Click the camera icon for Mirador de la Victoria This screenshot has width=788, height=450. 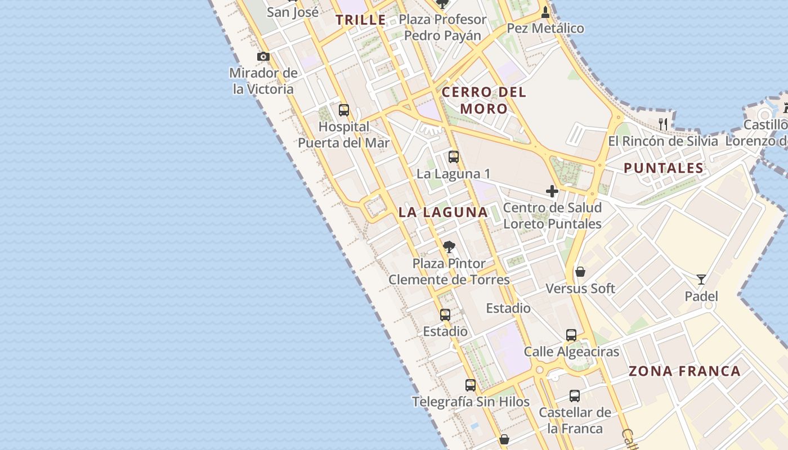pyautogui.click(x=263, y=57)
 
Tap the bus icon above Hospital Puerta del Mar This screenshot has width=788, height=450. pyautogui.click(x=343, y=110)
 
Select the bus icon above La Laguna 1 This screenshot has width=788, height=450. pyautogui.click(x=454, y=157)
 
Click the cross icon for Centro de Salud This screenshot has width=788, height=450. pyautogui.click(x=552, y=192)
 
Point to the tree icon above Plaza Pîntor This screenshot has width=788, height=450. pyautogui.click(x=449, y=247)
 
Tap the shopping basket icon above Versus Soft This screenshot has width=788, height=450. pyautogui.click(x=580, y=272)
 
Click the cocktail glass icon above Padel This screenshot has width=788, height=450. pyautogui.click(x=701, y=280)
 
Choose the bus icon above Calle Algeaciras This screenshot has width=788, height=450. pyautogui.click(x=571, y=336)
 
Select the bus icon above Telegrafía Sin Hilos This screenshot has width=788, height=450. pyautogui.click(x=471, y=385)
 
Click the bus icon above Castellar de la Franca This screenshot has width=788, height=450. pyautogui.click(x=575, y=396)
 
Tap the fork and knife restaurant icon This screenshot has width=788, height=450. pyautogui.click(x=663, y=124)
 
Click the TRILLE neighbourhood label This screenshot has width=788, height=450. pyautogui.click(x=361, y=20)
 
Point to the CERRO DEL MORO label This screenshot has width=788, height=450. pyautogui.click(x=484, y=100)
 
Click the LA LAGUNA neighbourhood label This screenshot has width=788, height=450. pyautogui.click(x=443, y=212)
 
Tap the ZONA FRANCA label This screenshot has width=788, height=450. pyautogui.click(x=684, y=371)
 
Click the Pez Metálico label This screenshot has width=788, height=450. pyautogui.click(x=545, y=28)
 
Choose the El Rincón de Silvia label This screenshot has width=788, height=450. pyautogui.click(x=663, y=141)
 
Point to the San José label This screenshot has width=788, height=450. pyautogui.click(x=293, y=12)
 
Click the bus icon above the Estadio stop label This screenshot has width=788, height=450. pyautogui.click(x=445, y=315)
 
